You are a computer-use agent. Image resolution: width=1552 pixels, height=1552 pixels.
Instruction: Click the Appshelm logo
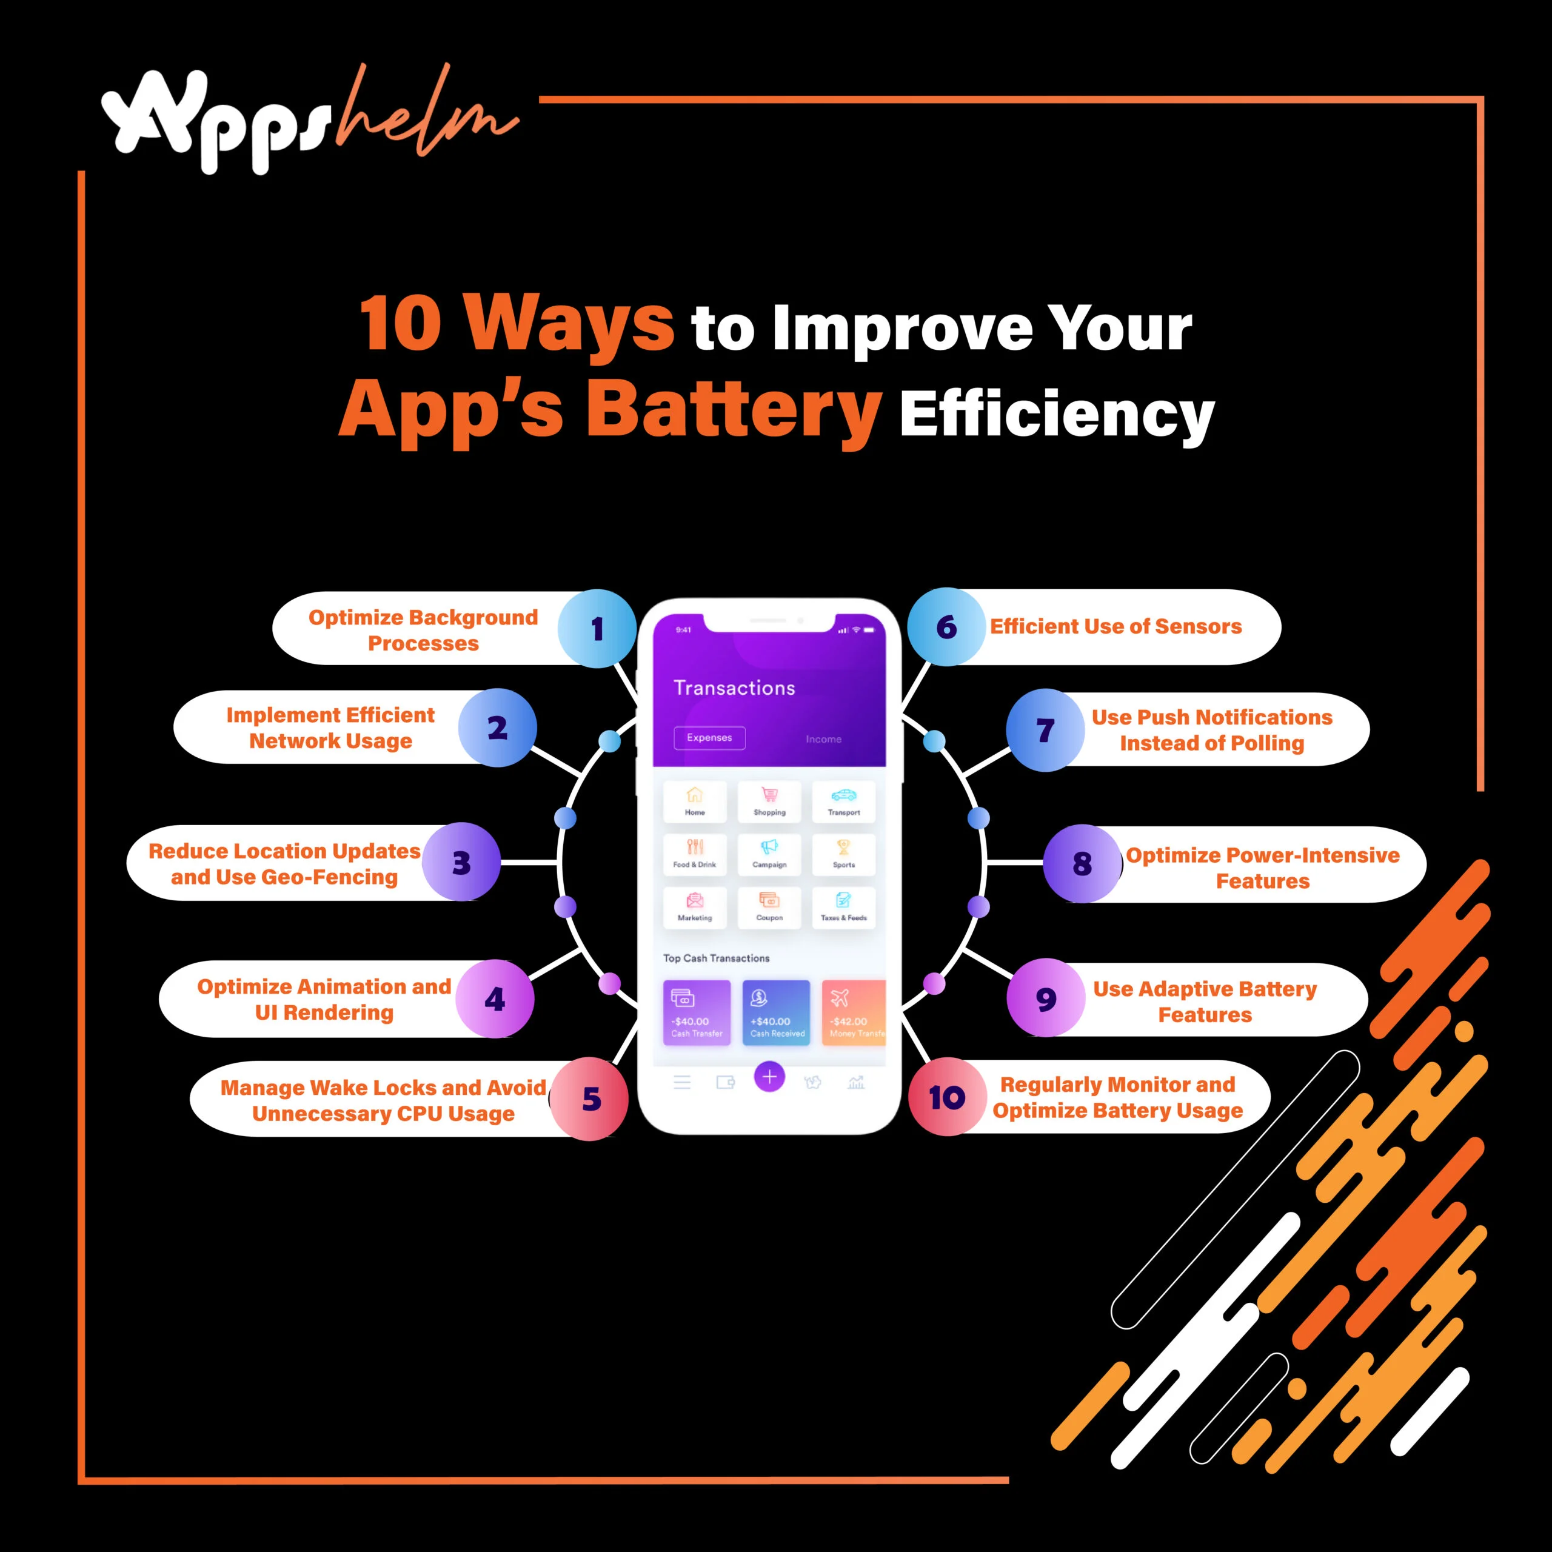tap(309, 121)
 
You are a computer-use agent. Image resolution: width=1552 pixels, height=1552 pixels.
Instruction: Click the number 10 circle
tap(947, 1097)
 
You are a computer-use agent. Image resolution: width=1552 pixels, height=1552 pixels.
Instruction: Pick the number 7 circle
tap(1045, 730)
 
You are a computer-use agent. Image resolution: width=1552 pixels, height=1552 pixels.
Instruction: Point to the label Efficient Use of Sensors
tap(1115, 627)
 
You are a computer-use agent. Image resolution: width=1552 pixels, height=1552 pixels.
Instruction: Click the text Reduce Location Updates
tap(284, 851)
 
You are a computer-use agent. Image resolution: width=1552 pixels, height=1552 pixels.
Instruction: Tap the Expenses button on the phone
tap(709, 737)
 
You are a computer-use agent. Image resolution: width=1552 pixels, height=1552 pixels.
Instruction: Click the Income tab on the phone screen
tap(823, 739)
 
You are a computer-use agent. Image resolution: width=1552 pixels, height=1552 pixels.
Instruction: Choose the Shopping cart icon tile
tap(769, 801)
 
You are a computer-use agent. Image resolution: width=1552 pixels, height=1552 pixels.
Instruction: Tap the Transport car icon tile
tap(843, 801)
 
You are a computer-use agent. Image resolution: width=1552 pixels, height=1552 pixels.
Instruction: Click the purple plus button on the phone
tap(769, 1077)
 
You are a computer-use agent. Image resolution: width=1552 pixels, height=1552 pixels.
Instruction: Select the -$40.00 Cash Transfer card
tap(697, 1012)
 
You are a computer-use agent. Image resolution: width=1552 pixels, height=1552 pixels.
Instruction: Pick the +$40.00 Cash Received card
tap(776, 1012)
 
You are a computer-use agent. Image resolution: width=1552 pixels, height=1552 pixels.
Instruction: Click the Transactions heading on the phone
tap(734, 687)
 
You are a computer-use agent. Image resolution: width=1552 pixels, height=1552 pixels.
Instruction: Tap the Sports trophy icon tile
tap(843, 853)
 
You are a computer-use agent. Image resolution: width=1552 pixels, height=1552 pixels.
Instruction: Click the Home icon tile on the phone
tap(695, 801)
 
